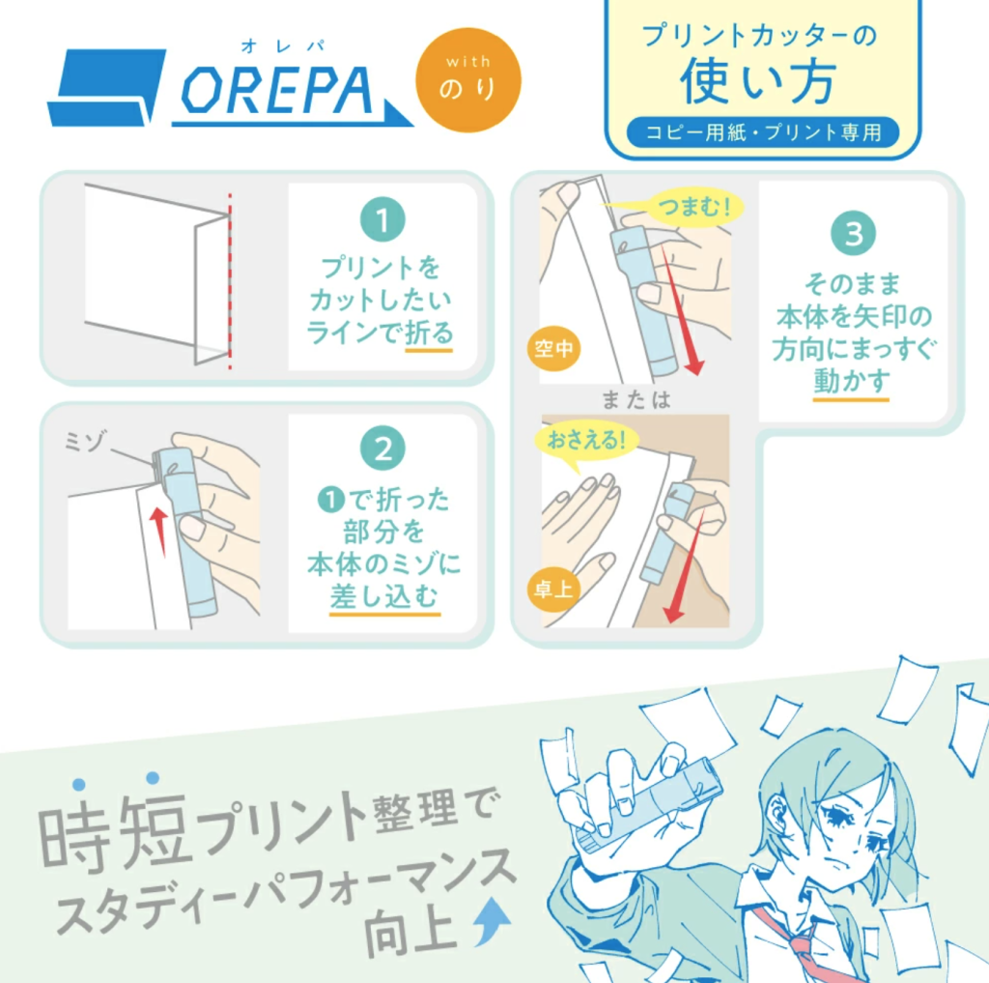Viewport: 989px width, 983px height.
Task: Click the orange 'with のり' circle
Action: pyautogui.click(x=468, y=80)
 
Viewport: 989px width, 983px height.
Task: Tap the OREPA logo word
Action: pyautogui.click(x=277, y=91)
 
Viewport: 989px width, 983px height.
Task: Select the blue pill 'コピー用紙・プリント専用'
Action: pyautogui.click(x=763, y=132)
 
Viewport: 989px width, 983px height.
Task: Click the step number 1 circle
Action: pyautogui.click(x=382, y=219)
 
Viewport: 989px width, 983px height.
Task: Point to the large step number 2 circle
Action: pyautogui.click(x=382, y=448)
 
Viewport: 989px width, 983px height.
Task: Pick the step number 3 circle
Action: pyautogui.click(x=853, y=234)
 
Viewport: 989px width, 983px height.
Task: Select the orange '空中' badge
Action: pyautogui.click(x=553, y=349)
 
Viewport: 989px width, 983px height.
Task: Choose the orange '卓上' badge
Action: pyautogui.click(x=552, y=590)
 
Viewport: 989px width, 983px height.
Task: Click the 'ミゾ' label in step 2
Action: pyautogui.click(x=85, y=441)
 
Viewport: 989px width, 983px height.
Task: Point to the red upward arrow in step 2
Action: pyautogui.click(x=159, y=532)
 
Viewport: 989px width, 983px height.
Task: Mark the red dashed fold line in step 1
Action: pyautogui.click(x=230, y=281)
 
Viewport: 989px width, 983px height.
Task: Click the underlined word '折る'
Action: pyautogui.click(x=429, y=332)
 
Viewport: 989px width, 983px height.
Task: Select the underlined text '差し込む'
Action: pyautogui.click(x=384, y=595)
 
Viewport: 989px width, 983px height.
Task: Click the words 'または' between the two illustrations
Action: pyautogui.click(x=636, y=399)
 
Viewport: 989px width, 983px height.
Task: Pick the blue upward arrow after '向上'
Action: pyautogui.click(x=492, y=922)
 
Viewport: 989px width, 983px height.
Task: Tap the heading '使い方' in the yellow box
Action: pyautogui.click(x=759, y=81)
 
